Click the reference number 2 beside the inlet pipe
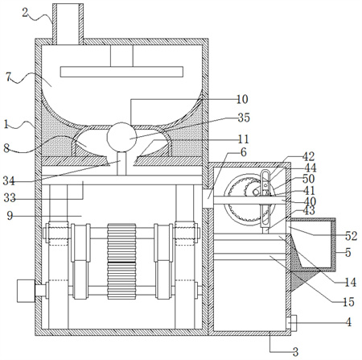click(25, 13)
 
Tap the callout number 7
click(9, 77)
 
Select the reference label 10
click(242, 99)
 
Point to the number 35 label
click(244, 118)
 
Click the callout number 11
click(244, 139)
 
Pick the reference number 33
click(10, 198)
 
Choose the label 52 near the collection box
click(352, 236)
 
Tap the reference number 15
click(349, 302)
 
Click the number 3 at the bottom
click(295, 351)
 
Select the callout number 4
click(348, 321)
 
